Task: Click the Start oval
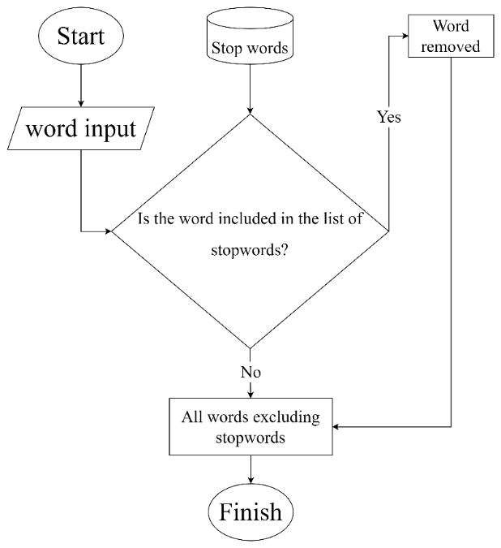[81, 37]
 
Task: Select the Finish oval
[250, 512]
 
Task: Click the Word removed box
[451, 37]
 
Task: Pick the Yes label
[389, 117]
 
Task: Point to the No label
[250, 373]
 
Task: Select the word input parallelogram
[81, 129]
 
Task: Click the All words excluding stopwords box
[250, 427]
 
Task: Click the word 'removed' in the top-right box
[451, 46]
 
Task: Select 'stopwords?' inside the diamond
[250, 250]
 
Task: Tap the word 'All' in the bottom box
[191, 417]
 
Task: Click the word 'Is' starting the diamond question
[144, 219]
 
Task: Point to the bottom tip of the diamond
[250, 347]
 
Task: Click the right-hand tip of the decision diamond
[387, 231]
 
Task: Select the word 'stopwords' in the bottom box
[250, 438]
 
